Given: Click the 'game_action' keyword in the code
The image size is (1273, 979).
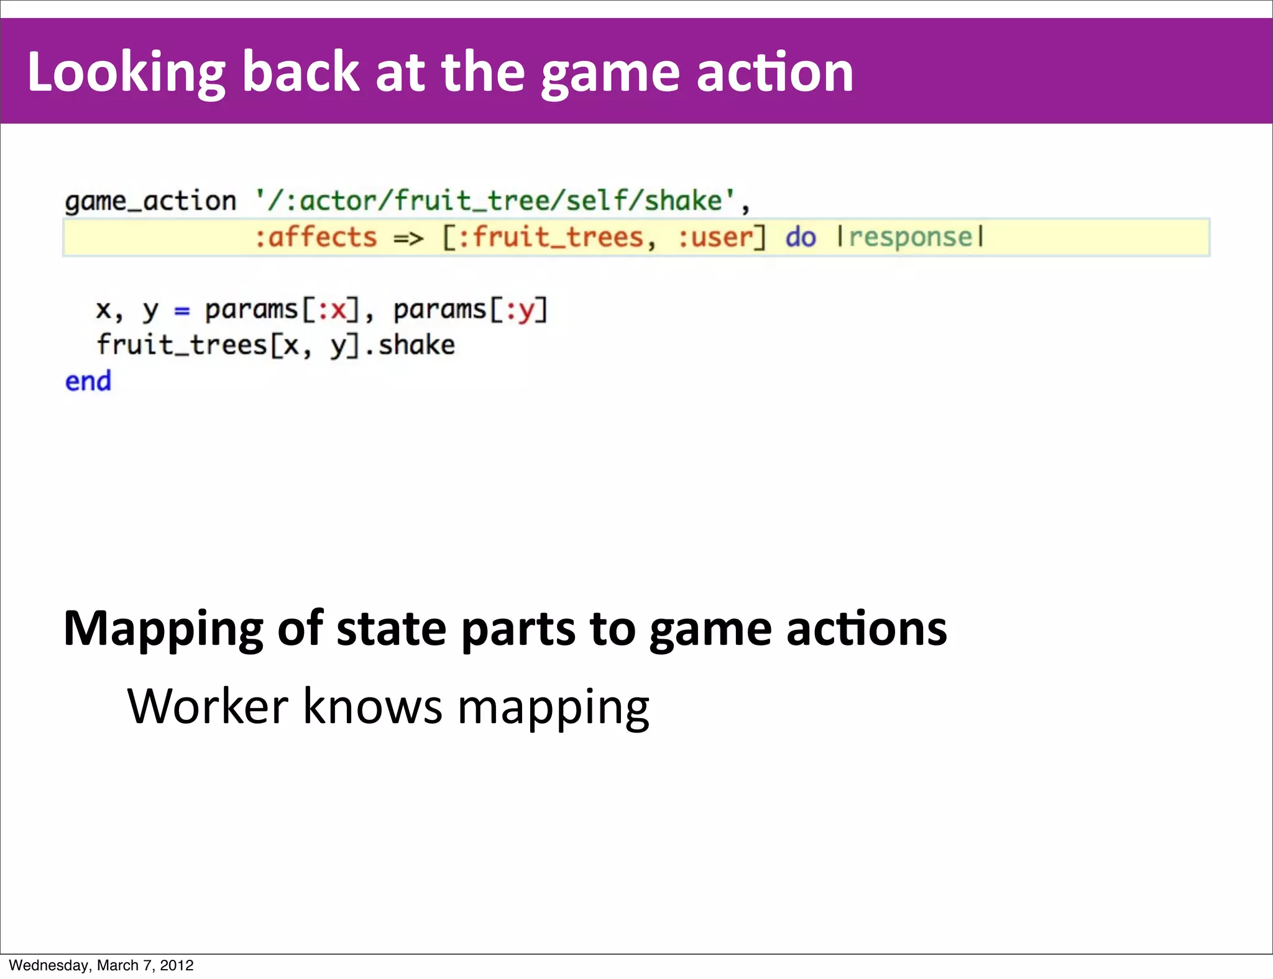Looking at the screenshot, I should (x=150, y=201).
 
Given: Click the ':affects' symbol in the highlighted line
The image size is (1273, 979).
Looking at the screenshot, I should (x=316, y=237).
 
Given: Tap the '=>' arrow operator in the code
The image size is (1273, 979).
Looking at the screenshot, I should (x=408, y=238).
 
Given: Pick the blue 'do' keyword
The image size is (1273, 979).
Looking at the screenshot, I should (x=801, y=237).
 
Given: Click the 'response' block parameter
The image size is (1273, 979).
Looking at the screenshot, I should (x=911, y=237).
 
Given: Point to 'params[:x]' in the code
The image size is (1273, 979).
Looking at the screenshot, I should (x=283, y=309).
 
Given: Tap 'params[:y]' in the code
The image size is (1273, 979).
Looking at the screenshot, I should (x=471, y=309).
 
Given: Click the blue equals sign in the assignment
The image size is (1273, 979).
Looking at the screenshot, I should (x=182, y=310).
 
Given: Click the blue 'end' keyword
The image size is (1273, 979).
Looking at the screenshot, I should (x=88, y=381).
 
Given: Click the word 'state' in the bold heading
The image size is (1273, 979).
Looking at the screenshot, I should (x=391, y=629).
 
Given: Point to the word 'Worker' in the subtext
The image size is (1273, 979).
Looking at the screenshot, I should (x=208, y=706).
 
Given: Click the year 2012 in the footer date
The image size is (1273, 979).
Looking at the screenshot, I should (x=177, y=965).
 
